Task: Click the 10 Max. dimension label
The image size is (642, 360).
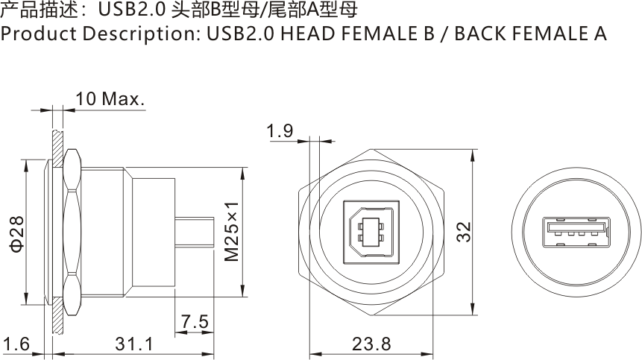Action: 110,98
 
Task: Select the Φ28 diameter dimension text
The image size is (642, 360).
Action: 18,234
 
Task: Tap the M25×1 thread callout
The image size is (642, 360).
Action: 232,231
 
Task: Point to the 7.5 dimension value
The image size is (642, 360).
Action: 195,321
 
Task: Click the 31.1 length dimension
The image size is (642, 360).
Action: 134,344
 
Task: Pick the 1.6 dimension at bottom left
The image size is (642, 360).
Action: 16,344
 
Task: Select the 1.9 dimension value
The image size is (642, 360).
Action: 280,131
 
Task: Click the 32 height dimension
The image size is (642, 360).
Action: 465,232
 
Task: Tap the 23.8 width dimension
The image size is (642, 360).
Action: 371,344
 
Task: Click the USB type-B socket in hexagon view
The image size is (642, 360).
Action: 371,232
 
